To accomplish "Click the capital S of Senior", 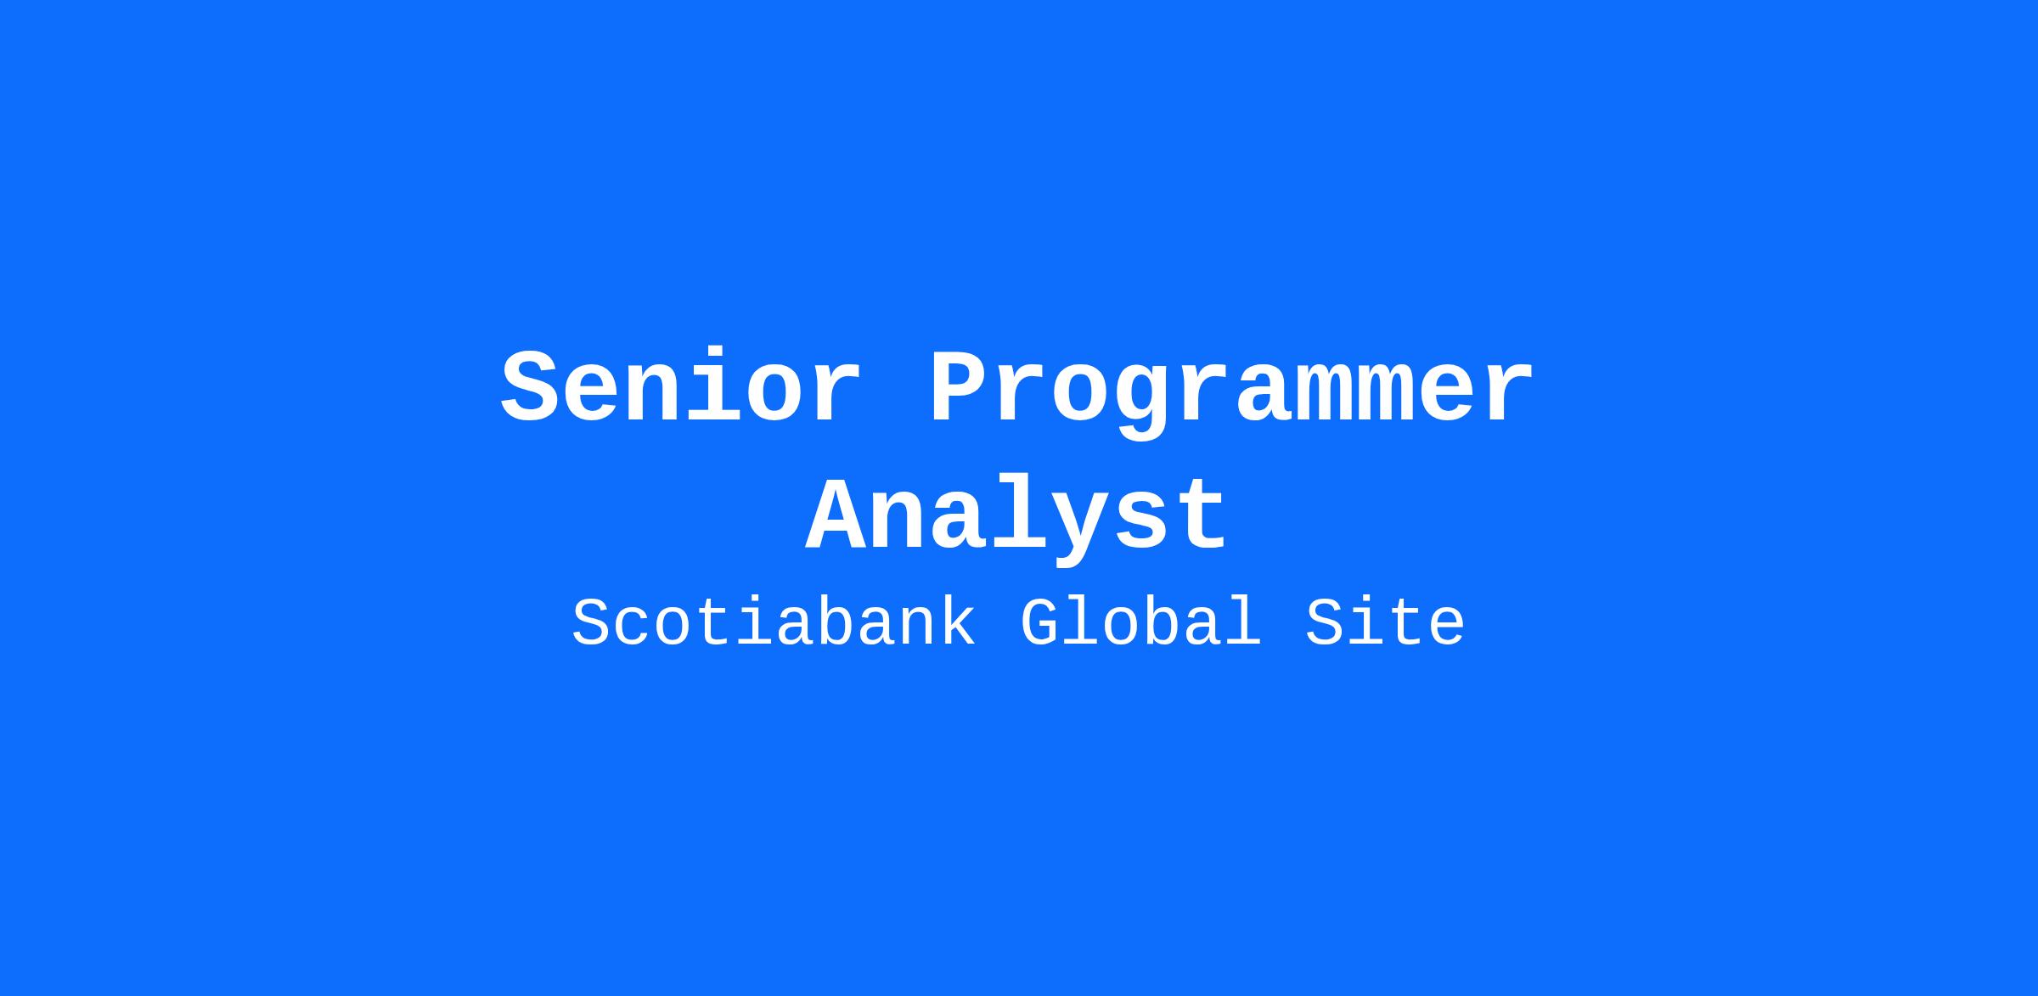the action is pyautogui.click(x=532, y=387).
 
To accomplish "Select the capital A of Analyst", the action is pyautogui.click(x=836, y=514).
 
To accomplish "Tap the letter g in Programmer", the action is pyautogui.click(x=1142, y=404).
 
